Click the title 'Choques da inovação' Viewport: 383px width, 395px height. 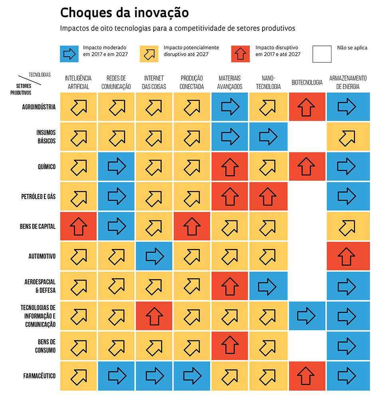(x=124, y=13)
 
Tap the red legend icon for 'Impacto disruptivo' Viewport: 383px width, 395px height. (x=240, y=54)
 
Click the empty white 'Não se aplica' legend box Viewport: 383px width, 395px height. (x=322, y=54)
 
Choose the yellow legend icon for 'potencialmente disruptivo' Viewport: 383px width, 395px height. (x=149, y=54)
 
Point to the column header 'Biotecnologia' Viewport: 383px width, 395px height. (x=307, y=83)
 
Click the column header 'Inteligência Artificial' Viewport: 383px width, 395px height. (x=78, y=82)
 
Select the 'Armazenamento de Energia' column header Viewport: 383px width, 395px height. (x=348, y=82)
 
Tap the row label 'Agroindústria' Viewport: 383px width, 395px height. (x=39, y=107)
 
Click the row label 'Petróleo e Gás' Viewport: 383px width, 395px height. (x=38, y=196)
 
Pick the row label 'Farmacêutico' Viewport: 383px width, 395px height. (x=39, y=376)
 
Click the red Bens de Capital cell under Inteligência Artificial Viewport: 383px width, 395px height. (x=79, y=226)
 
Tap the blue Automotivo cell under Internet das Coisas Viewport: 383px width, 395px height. (x=154, y=256)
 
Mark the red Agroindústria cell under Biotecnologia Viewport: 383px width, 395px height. (x=306, y=107)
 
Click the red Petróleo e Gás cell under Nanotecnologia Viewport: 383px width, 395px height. (x=268, y=196)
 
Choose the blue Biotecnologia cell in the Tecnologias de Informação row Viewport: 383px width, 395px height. (x=306, y=316)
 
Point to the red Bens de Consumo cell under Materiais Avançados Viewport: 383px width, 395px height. (x=230, y=346)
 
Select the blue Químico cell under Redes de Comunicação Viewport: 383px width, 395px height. (x=116, y=166)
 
